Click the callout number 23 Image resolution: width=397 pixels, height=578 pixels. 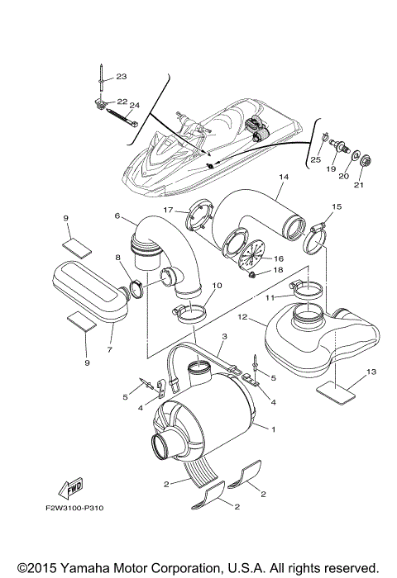pos(121,77)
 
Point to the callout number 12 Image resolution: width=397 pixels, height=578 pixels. pos(242,316)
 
